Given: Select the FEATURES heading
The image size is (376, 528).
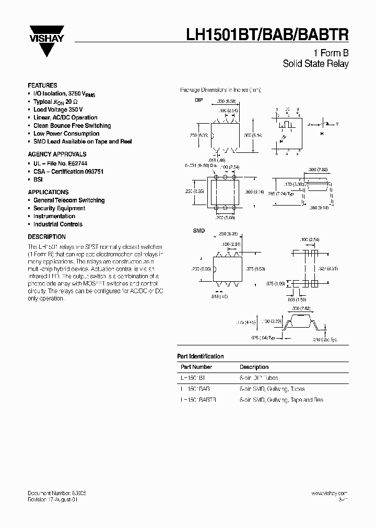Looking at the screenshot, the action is pos(42,86).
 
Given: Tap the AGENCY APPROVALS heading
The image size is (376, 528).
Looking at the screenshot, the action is pos(57,154).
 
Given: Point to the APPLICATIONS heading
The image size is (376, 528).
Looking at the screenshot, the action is pos(48,192).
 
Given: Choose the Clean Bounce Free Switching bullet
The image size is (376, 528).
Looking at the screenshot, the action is pos(72,126).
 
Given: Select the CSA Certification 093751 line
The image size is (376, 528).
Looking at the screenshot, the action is pos(65,172).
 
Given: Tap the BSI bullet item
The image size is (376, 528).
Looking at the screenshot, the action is pos(38,179).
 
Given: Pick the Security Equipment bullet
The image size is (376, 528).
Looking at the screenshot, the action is pos(59,208).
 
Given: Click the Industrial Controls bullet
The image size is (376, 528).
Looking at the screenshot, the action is pos(57,224).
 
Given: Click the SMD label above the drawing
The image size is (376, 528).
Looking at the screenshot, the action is pos(184,230).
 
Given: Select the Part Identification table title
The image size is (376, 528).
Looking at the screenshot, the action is pos(201,356).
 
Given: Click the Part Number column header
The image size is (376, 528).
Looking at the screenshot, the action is pos(195,367).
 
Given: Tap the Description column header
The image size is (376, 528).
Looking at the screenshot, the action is pos(254,367).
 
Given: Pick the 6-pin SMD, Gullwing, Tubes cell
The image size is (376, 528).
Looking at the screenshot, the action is pos(272,389).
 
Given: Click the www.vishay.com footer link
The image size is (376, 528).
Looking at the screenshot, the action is pos(329,493).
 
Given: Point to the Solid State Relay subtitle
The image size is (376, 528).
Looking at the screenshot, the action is pos(315,64).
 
